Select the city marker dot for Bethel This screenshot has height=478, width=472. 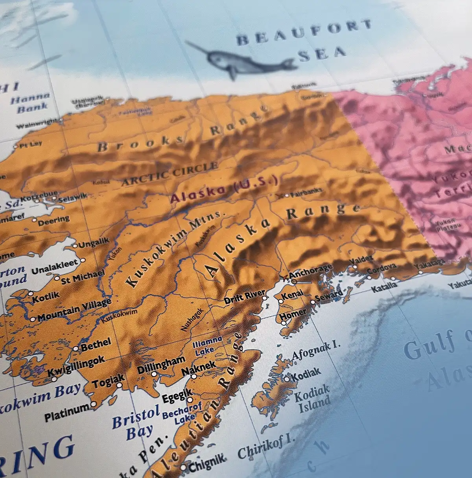[76, 349]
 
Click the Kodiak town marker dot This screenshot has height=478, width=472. [287, 379]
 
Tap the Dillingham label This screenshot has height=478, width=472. [161, 366]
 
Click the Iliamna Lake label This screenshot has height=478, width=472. [206, 346]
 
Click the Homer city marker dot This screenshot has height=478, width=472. [284, 323]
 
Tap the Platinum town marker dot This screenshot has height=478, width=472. [93, 404]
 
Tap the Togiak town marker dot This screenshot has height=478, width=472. [119, 385]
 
